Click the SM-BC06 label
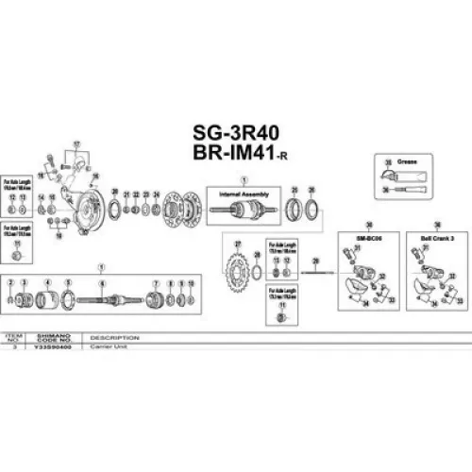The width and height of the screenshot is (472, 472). [364, 238]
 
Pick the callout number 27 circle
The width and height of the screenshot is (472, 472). [236, 244]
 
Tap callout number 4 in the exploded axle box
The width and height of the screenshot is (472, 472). [47, 283]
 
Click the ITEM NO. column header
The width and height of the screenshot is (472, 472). [13, 338]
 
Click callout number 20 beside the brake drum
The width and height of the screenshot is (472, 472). [115, 193]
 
